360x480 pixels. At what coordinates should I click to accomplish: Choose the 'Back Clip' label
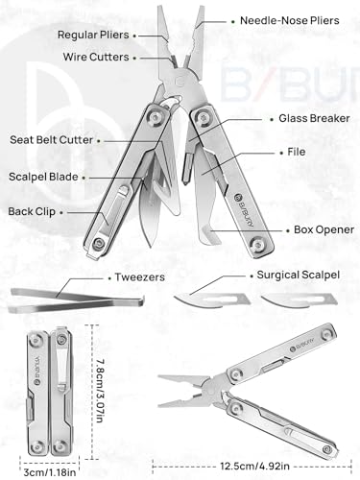coord(31,210)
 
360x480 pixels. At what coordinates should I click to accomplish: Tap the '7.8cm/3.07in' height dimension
coord(100,376)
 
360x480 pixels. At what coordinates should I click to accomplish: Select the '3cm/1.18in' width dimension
coord(32,471)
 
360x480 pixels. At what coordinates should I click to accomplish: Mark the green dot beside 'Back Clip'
coord(63,210)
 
